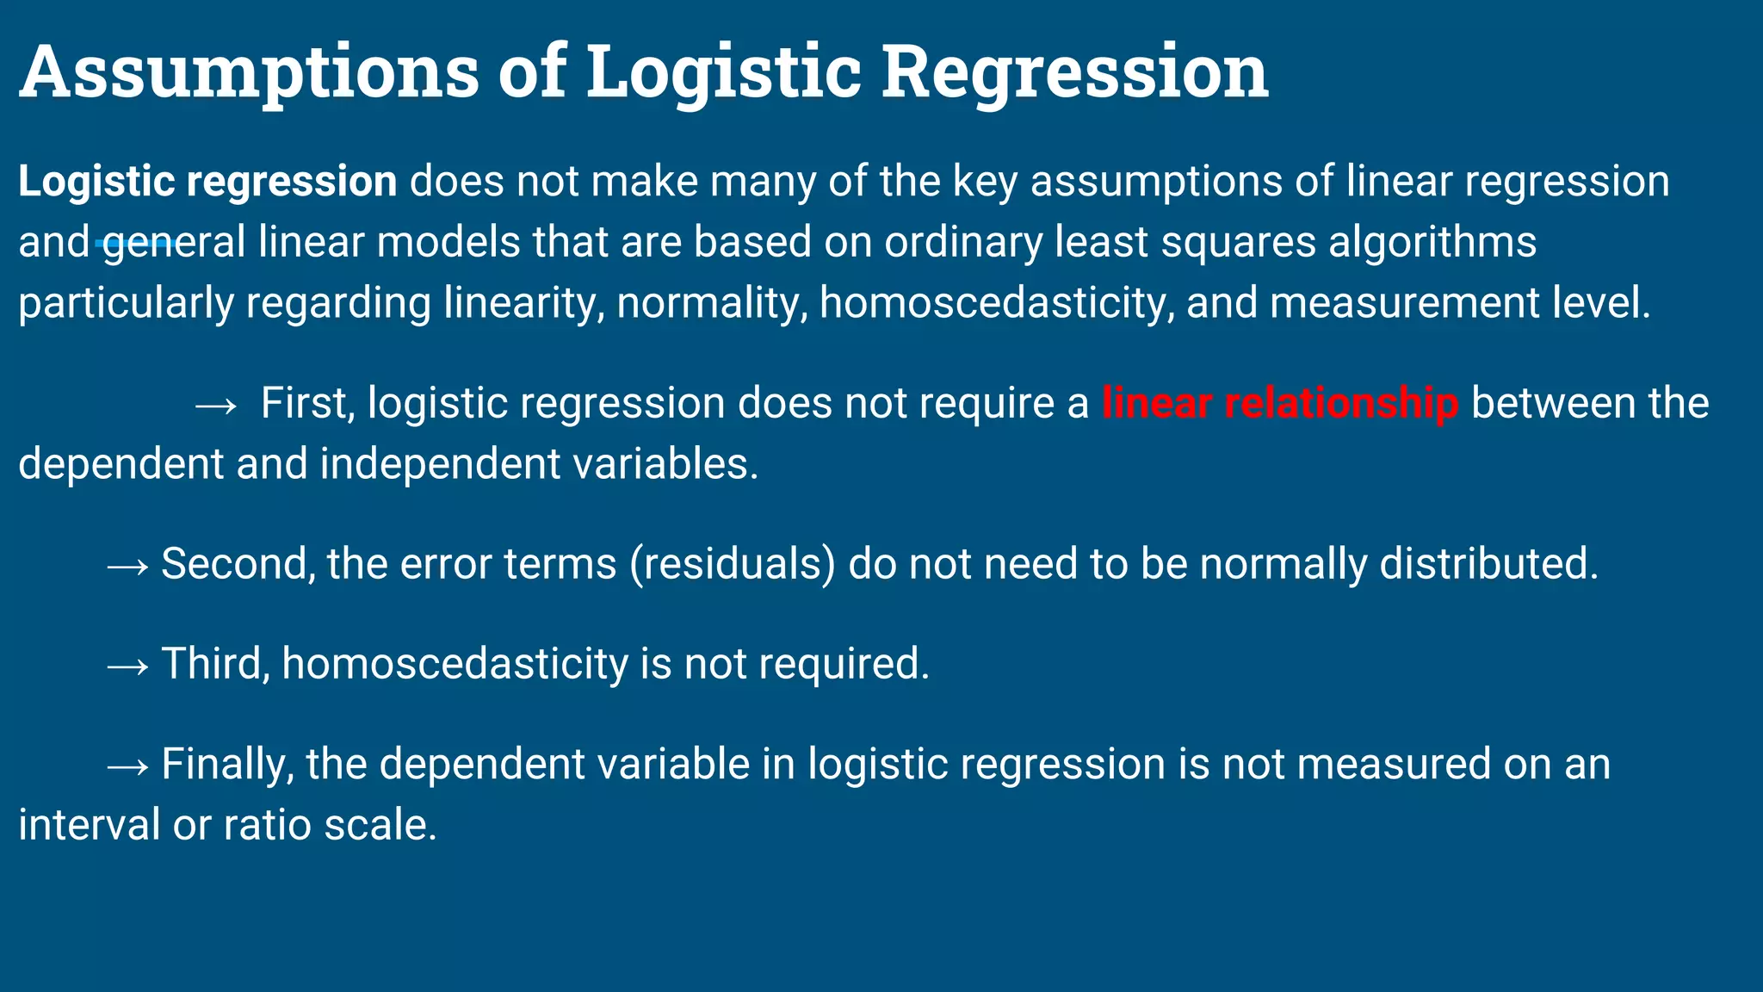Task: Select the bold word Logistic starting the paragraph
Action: [96, 183]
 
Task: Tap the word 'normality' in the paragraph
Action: [711, 303]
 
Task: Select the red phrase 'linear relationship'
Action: [1280, 404]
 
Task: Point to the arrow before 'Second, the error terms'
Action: [128, 566]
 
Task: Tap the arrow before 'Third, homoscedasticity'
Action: [128, 666]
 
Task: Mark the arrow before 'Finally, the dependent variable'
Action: [128, 766]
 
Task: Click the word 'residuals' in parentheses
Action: [732, 565]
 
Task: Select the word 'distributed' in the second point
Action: [1488, 565]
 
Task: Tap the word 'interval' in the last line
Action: [89, 825]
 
